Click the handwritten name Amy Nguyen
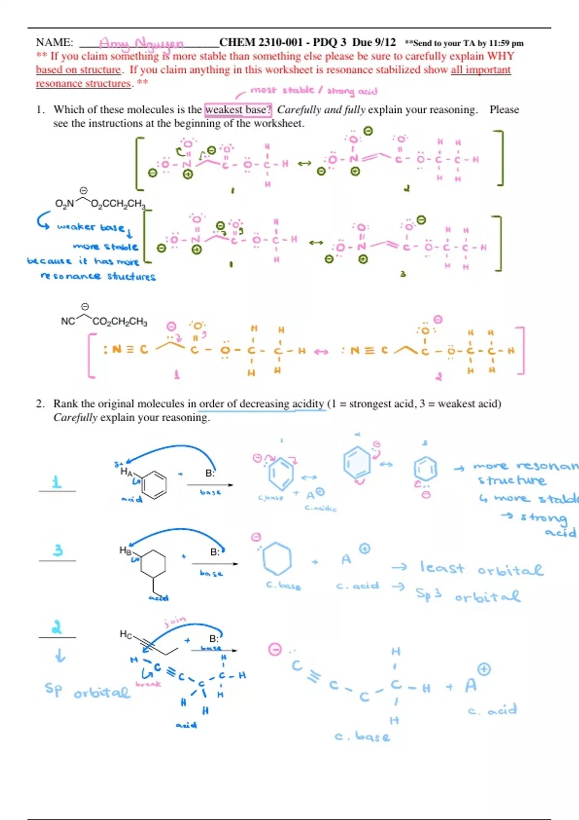coord(141,43)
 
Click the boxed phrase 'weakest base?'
coord(238,109)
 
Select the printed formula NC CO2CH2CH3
coord(104,321)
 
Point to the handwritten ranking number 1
coord(57,482)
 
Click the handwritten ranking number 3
coord(58,550)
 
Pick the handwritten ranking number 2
coord(57,627)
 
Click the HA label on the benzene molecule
coord(126,472)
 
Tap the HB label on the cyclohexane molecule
coord(125,550)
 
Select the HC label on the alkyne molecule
coord(125,634)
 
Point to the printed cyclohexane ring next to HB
coord(152,563)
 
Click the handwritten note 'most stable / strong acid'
coord(314,91)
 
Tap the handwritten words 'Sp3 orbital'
coord(468,595)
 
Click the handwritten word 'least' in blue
coord(441,568)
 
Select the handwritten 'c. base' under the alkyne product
coord(362,736)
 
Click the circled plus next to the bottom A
coord(484,669)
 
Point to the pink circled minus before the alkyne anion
coord(275,649)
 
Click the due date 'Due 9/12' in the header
coord(374,42)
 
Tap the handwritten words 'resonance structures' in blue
coord(98,276)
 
